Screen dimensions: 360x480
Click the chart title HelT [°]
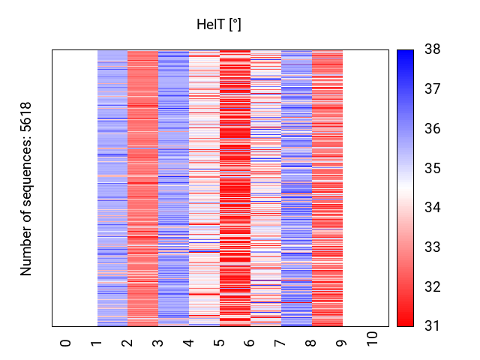218,25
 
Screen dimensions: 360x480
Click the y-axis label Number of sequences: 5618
27,188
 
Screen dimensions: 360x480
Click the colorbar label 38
433,50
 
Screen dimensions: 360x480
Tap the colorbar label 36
433,129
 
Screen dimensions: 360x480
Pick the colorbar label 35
433,169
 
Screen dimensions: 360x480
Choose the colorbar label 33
433,247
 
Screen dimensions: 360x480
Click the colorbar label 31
433,326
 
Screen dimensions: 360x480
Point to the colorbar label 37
433,90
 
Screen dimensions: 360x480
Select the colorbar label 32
433,287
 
